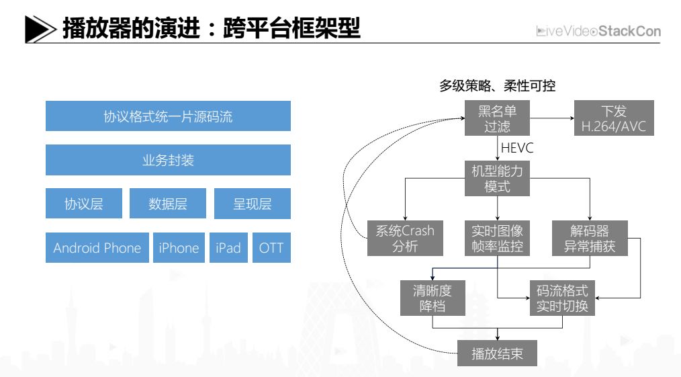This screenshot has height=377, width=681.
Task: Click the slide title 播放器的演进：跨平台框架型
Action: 211,29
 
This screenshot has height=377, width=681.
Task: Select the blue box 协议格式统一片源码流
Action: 168,116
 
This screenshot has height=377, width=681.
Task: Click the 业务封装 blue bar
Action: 168,160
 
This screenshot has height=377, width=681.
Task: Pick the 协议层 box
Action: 84,204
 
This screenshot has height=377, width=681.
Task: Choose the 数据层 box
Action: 168,204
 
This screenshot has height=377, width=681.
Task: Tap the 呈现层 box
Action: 252,204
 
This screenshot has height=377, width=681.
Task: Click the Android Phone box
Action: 97,248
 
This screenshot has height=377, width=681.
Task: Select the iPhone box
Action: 179,248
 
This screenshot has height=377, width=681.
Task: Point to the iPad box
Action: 228,248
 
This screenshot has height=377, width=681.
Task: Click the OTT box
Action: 271,248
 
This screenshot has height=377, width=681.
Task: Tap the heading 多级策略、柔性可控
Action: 498,87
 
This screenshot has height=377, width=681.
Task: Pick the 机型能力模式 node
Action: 498,179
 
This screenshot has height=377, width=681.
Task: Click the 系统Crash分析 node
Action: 405,239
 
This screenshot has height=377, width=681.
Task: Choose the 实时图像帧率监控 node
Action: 498,239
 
